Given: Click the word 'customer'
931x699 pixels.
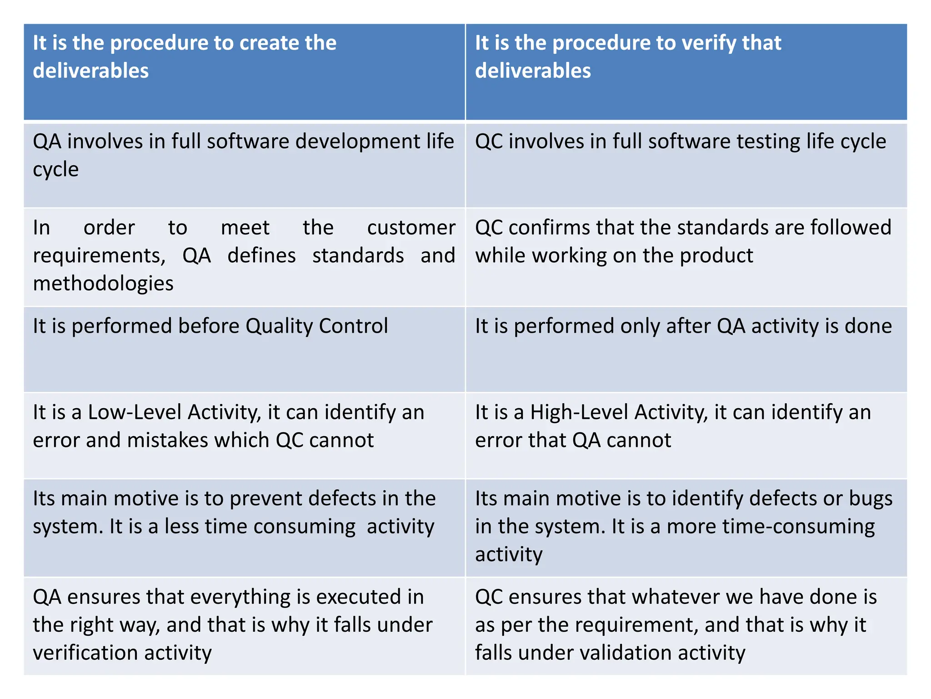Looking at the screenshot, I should [x=411, y=228].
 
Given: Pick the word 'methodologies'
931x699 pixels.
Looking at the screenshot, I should [x=103, y=284].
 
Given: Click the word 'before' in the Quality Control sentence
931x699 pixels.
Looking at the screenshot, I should [x=209, y=326].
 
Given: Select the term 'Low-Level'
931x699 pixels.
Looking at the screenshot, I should [x=135, y=412].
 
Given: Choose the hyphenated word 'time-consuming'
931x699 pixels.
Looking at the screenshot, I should [x=798, y=527].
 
